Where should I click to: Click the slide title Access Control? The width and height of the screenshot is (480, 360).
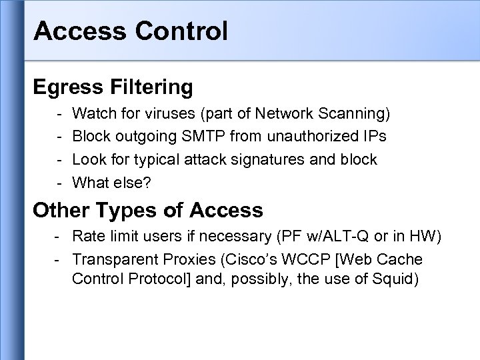130,30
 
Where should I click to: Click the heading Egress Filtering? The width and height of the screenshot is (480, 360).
113,87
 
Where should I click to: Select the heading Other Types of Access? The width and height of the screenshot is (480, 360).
148,210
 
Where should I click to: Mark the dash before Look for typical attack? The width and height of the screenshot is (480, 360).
59,159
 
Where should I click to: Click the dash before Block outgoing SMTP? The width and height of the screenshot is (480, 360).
59,137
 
